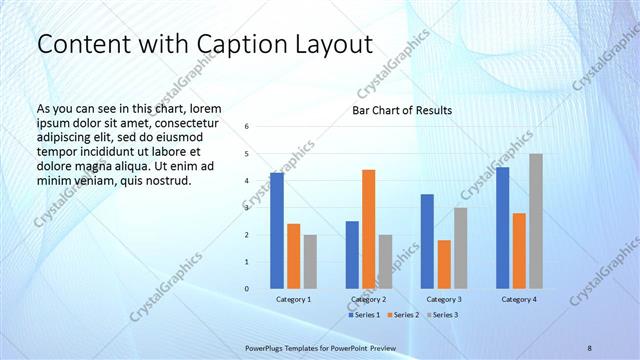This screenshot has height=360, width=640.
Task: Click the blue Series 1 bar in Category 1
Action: [277, 231]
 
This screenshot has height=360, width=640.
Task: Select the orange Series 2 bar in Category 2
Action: [368, 229]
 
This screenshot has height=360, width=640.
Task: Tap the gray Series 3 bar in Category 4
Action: [536, 221]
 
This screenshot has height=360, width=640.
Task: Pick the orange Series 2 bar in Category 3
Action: [444, 264]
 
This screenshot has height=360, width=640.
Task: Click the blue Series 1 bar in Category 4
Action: [502, 228]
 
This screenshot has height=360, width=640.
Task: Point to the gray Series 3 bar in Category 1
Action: [310, 262]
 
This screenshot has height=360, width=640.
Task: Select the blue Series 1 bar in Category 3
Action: [427, 241]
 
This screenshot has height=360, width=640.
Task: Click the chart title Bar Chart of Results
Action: [402, 110]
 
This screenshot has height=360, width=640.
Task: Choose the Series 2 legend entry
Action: [403, 315]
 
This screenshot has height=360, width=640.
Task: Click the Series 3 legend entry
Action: [441, 315]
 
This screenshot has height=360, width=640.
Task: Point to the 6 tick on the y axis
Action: [247, 127]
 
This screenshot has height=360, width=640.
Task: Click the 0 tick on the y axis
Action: [247, 289]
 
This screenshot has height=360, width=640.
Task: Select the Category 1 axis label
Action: [293, 299]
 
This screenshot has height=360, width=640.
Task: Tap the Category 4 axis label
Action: [518, 299]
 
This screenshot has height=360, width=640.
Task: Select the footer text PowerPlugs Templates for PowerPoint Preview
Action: [321, 347]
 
